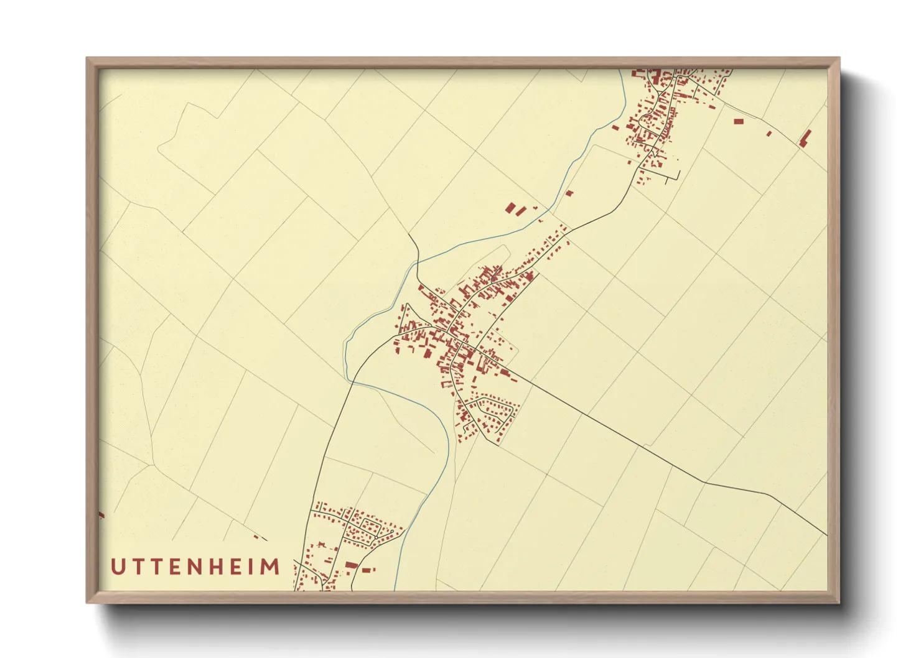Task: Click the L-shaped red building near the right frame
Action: [805, 138]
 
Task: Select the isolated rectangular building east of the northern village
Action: [739, 121]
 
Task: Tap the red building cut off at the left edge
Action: [101, 514]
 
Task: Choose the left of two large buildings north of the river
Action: [510, 208]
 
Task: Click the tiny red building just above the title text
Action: [256, 537]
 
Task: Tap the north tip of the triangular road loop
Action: [406, 305]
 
